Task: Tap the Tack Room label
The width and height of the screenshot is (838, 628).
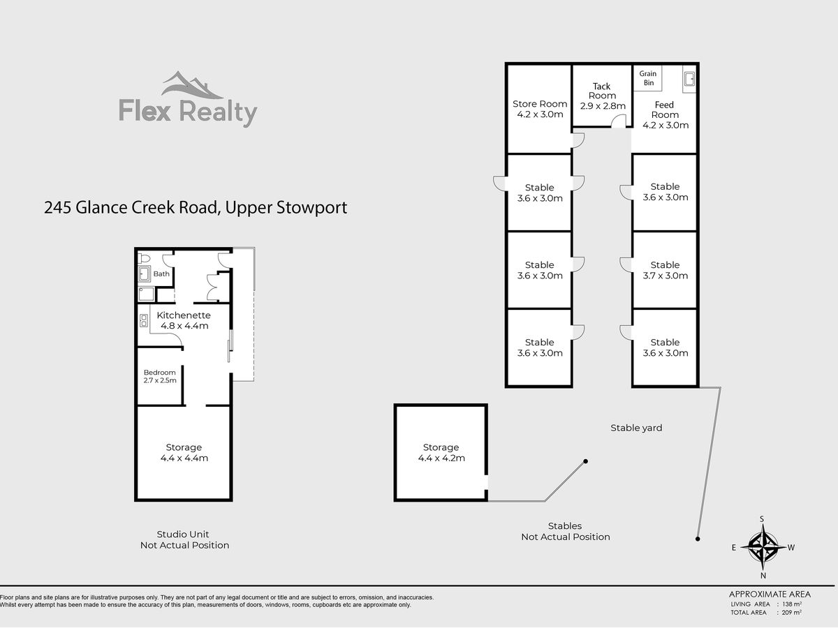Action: point(602,91)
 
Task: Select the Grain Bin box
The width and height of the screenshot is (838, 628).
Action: point(648,77)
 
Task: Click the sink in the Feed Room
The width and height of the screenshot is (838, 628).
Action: point(689,79)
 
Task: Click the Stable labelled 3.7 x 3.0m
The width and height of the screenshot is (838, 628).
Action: point(665,270)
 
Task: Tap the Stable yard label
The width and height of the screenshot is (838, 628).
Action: point(636,428)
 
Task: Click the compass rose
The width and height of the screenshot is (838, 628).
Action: point(763,547)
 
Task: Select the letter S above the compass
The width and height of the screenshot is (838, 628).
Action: point(763,519)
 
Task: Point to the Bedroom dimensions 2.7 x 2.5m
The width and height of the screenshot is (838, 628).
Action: point(160,381)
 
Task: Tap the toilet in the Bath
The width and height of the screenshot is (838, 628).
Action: point(144,257)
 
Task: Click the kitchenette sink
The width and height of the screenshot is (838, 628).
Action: point(144,321)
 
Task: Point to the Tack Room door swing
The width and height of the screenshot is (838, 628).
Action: point(617,122)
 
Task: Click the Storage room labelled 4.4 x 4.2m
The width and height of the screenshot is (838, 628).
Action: point(441,453)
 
